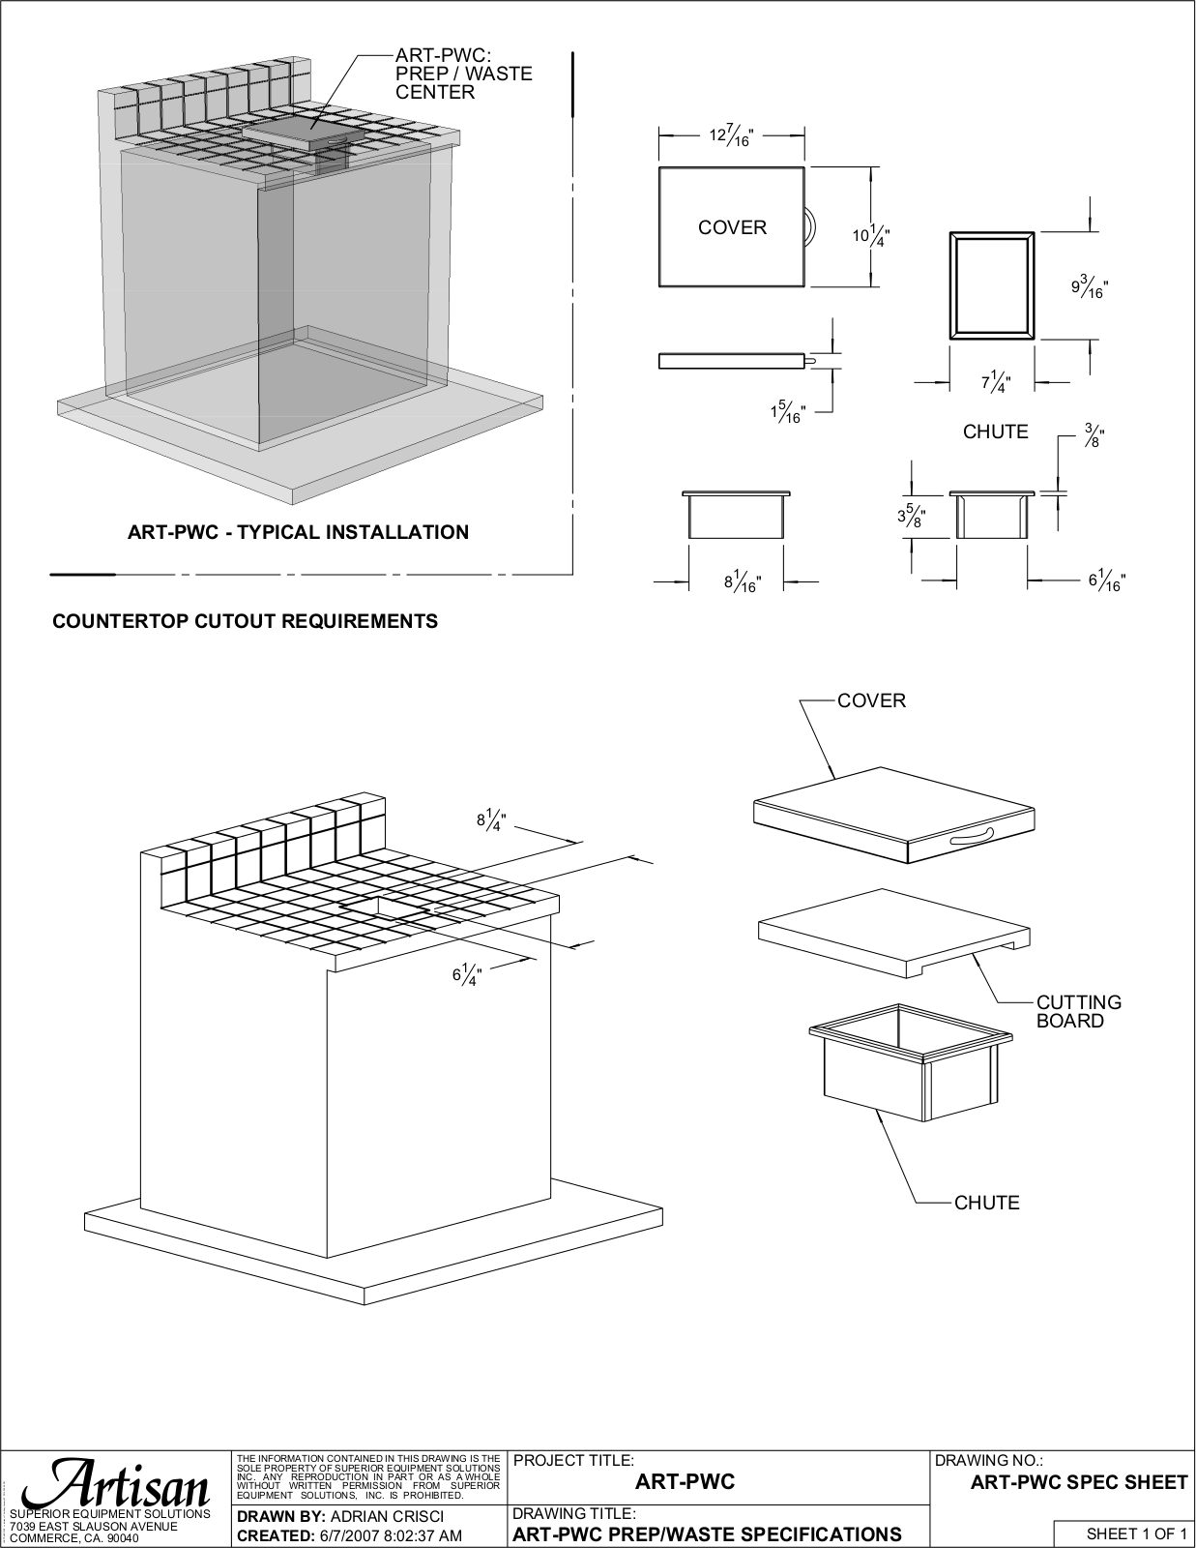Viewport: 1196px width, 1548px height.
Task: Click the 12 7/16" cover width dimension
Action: pos(731,135)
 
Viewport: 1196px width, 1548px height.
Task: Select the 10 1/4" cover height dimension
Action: pos(871,235)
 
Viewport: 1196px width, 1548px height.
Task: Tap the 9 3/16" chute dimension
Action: pos(1090,286)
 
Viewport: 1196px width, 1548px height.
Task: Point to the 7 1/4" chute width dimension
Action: pos(997,382)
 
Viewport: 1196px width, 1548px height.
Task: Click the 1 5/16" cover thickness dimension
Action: pos(787,412)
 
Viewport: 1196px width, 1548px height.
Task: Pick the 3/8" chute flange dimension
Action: pos(1094,434)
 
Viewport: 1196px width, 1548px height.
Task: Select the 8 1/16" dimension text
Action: pos(743,582)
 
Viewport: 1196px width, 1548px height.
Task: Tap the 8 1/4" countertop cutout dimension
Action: pos(491,820)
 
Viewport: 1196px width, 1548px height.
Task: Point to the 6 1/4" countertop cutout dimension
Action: pos(468,974)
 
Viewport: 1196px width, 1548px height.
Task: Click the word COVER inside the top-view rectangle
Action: pos(732,228)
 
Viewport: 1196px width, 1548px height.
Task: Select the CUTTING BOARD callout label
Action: pos(1079,1012)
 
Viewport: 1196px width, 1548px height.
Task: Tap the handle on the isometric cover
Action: pos(971,838)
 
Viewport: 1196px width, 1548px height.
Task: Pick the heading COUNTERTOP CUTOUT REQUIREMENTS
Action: pos(245,621)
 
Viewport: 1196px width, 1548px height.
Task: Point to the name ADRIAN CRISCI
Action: pos(388,1515)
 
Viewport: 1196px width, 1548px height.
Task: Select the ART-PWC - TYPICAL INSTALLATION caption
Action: pos(298,532)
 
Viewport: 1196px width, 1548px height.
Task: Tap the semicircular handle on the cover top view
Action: pos(810,227)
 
